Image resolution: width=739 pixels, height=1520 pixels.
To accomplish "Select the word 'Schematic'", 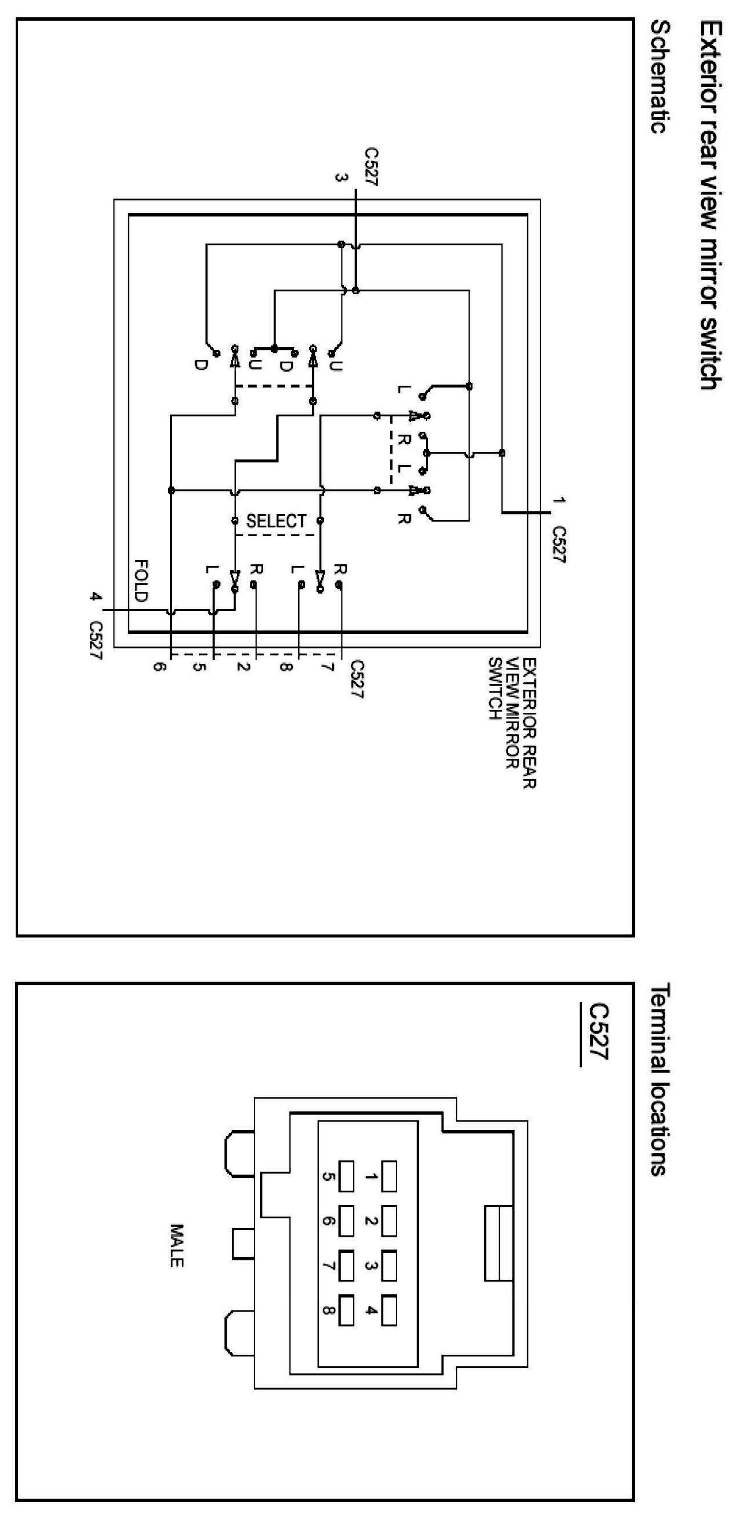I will point(661,77).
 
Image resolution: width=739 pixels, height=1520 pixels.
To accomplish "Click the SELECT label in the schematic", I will point(276,521).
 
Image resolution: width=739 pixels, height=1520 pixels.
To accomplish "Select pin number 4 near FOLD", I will point(93,596).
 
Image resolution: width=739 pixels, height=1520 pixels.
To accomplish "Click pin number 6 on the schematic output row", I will point(158,667).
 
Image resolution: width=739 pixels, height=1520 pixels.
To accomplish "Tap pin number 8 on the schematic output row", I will point(285,667).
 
